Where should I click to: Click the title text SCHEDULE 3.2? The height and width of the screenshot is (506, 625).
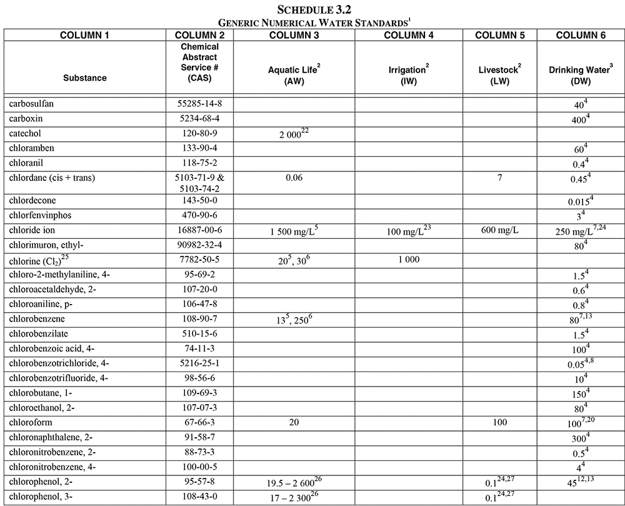point(312,10)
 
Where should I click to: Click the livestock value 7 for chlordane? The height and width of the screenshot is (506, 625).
point(499,178)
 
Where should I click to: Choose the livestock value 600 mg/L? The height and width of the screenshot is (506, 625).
point(499,231)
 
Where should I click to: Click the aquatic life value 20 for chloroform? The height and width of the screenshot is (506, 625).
point(294,423)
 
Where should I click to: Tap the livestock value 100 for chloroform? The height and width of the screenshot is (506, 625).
point(499,423)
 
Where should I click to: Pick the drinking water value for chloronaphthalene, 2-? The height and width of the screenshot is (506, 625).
point(580,438)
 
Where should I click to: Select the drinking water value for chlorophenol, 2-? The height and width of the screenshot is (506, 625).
point(580,483)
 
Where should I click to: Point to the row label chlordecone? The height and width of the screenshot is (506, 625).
point(31,201)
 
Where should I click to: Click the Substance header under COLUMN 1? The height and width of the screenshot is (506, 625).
point(85,78)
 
